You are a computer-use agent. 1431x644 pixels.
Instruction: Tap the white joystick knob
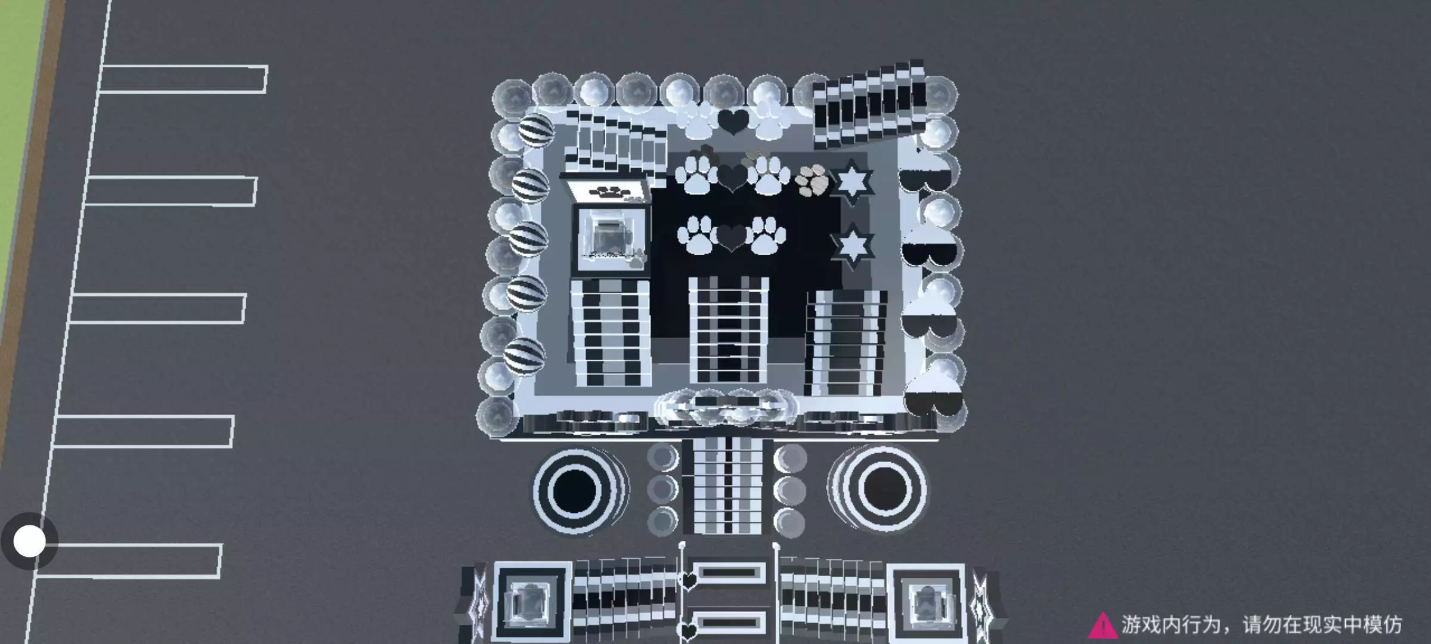click(x=29, y=541)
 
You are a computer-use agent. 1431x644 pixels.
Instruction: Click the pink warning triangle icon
click(x=1102, y=626)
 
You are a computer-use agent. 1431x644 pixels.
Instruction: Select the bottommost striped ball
click(x=524, y=356)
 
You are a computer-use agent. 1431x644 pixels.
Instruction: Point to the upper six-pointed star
click(x=851, y=181)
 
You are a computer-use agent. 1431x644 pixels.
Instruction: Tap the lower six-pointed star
click(x=853, y=245)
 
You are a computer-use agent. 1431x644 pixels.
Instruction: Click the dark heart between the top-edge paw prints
click(x=733, y=121)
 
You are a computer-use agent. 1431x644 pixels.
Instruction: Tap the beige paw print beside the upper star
click(x=813, y=179)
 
